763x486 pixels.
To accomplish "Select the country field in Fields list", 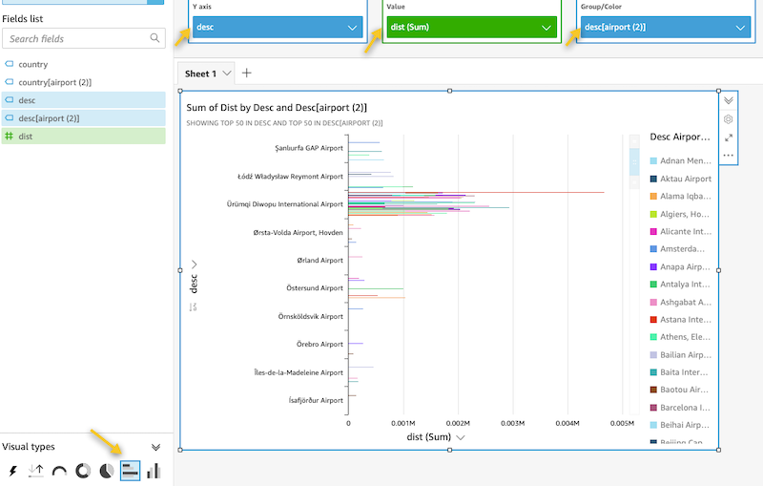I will (33, 64).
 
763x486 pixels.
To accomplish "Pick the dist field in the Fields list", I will (26, 137).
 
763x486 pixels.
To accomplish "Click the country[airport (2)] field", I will (55, 82).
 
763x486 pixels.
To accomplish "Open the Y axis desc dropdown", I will (276, 28).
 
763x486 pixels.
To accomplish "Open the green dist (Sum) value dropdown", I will (470, 28).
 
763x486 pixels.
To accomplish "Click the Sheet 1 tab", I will (201, 74).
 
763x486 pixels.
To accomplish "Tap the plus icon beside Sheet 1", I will (247, 74).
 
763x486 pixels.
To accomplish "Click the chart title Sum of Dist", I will (277, 108).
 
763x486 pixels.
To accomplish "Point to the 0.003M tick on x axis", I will (513, 422).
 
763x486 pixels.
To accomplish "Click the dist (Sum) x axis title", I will (429, 437).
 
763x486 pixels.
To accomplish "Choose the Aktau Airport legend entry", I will (685, 179).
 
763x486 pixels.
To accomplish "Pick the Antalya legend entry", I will (685, 284).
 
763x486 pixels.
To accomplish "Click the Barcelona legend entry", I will (685, 407).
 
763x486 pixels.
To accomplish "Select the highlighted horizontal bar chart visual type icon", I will (131, 471).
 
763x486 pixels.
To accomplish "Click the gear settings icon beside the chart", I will (729, 119).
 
